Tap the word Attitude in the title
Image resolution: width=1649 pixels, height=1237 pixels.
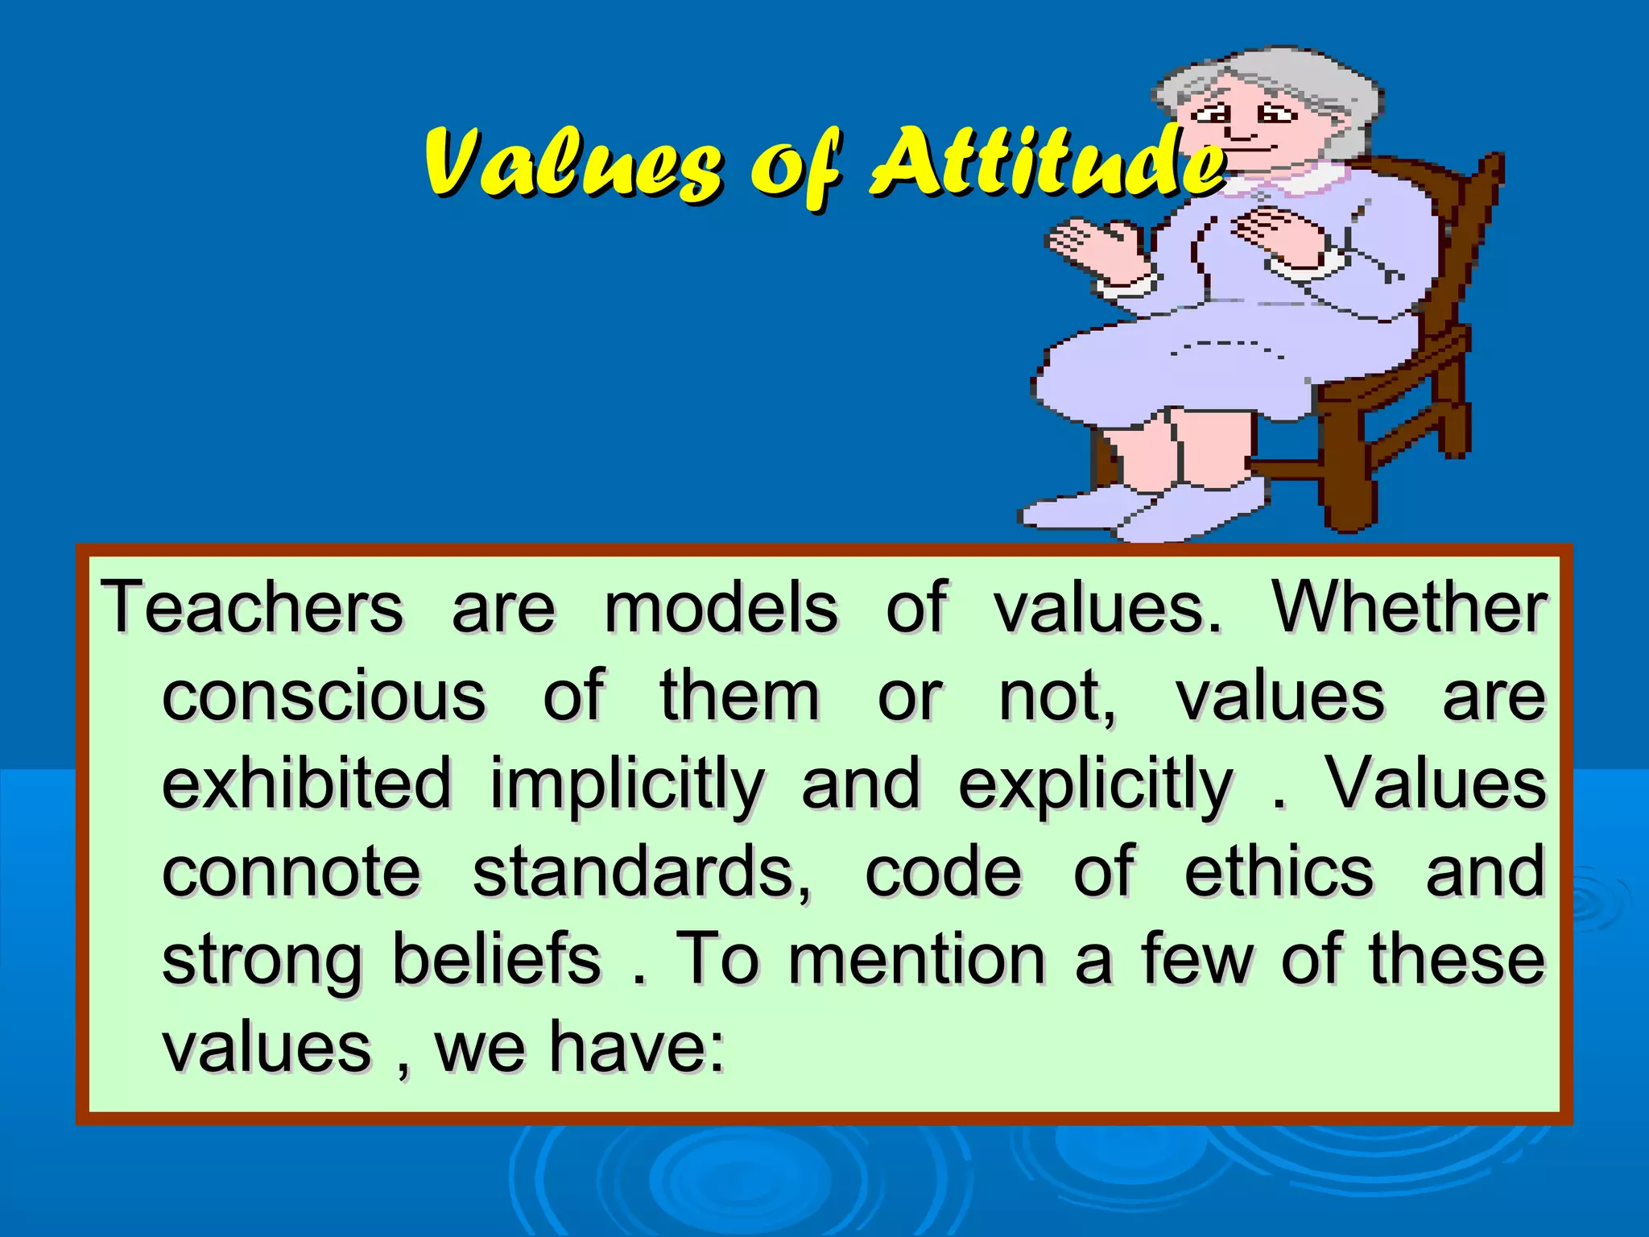pyautogui.click(x=1047, y=163)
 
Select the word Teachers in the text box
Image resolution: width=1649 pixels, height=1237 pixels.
pyautogui.click(x=252, y=608)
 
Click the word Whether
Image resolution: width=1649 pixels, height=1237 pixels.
pyautogui.click(x=1409, y=608)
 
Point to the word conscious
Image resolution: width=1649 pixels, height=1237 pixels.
pyautogui.click(x=324, y=696)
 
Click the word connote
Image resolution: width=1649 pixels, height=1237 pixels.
pyautogui.click(x=291, y=872)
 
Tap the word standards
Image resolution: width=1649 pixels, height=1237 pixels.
pyautogui.click(x=641, y=872)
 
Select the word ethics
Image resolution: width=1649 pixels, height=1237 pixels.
pyautogui.click(x=1279, y=872)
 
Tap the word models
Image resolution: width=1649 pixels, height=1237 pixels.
pyautogui.click(x=721, y=608)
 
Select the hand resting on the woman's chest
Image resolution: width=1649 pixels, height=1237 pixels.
pyautogui.click(x=1280, y=234)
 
